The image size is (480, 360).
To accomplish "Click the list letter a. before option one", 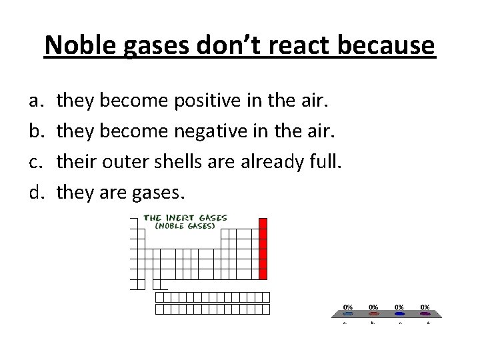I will (x=33, y=101).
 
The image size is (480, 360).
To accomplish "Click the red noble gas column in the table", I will (x=263, y=249).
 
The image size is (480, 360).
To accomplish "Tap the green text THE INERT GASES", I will (x=186, y=217).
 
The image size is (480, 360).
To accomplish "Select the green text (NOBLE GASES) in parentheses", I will (x=185, y=225).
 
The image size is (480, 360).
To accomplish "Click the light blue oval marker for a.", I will (x=348, y=313).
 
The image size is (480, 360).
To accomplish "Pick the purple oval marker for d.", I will (x=425, y=313).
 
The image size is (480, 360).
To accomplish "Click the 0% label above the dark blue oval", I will (x=399, y=307).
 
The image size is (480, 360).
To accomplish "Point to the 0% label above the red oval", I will (x=373, y=307).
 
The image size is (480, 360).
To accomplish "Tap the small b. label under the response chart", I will (x=373, y=323).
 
